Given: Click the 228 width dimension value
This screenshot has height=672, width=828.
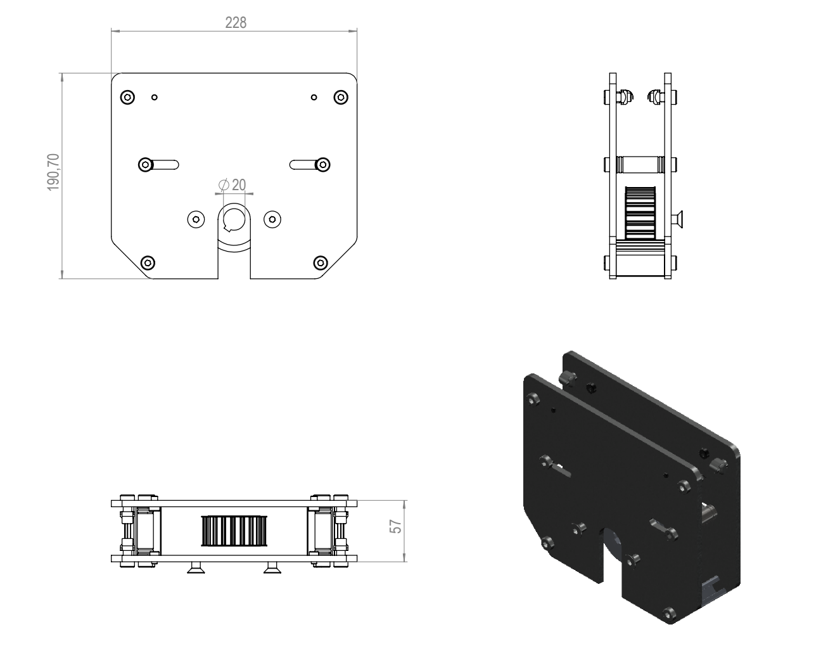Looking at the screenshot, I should [x=236, y=23].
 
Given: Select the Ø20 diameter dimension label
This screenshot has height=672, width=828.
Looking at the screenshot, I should [x=232, y=185].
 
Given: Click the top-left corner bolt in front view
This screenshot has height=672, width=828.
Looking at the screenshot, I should [x=127, y=97].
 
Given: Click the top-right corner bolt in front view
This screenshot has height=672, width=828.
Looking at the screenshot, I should [x=341, y=97].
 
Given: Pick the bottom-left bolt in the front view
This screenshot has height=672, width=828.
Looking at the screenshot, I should [x=148, y=262].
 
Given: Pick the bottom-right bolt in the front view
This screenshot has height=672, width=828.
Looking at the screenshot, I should [x=321, y=262].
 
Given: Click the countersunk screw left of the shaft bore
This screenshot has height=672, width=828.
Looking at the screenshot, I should [x=196, y=219].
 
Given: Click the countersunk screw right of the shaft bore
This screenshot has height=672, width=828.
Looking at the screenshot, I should [x=272, y=219].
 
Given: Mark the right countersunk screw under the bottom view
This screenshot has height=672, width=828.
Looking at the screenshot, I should [x=273, y=568].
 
